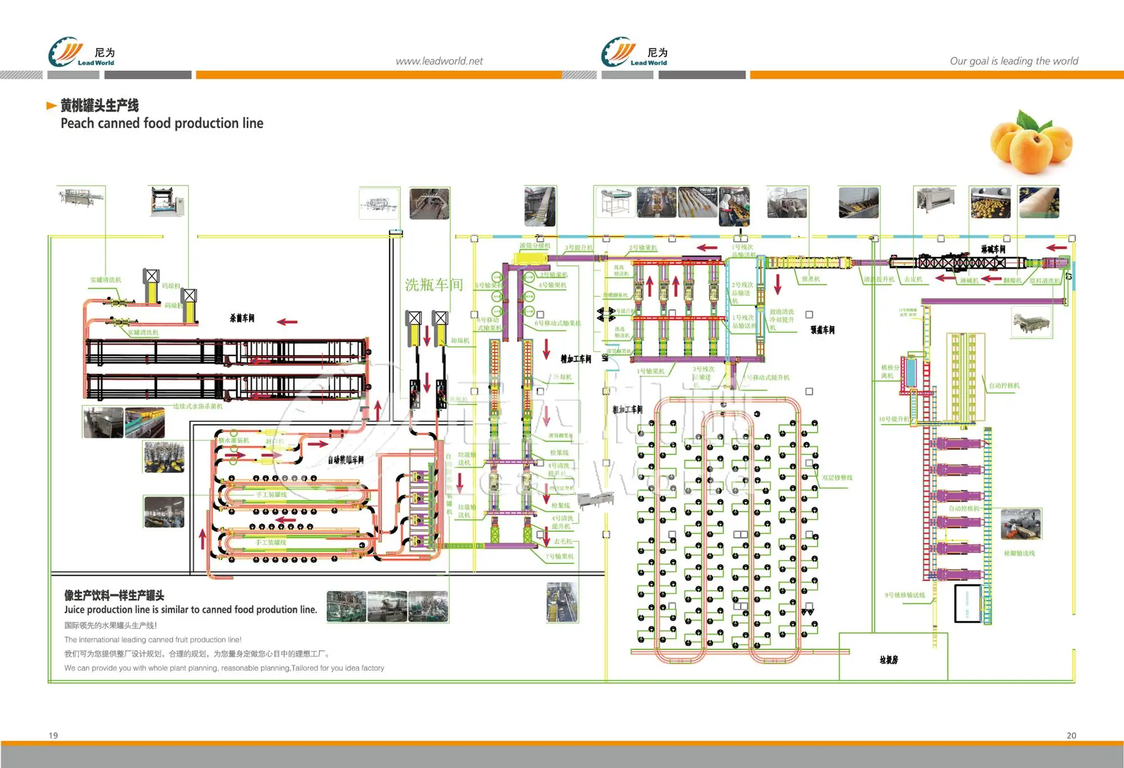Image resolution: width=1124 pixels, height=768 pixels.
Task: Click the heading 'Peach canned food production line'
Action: click(162, 123)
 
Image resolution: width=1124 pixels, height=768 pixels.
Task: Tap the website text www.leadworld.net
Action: click(439, 61)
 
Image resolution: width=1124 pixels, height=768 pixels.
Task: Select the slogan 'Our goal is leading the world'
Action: click(1014, 61)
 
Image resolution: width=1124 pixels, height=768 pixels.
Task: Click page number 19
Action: click(53, 735)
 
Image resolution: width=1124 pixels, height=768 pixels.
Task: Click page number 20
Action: click(1071, 735)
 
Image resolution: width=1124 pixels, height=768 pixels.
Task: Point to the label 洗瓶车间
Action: click(434, 285)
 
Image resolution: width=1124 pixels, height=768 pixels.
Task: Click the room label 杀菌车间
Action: click(242, 318)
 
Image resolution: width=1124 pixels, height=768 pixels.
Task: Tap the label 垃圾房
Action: click(889, 660)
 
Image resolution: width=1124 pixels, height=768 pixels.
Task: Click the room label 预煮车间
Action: click(822, 330)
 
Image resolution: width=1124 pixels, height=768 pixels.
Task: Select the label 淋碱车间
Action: click(993, 249)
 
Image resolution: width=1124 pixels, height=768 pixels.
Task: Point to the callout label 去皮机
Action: click(913, 279)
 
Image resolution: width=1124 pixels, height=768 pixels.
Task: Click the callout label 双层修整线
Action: click(837, 478)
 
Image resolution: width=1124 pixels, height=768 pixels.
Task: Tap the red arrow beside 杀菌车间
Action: click(287, 322)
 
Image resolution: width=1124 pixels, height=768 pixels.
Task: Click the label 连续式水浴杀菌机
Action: click(198, 406)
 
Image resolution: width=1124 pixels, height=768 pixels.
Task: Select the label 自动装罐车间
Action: click(346, 460)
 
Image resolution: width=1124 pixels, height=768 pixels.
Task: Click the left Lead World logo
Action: click(82, 52)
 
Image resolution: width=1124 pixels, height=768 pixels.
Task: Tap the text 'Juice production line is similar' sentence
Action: click(191, 609)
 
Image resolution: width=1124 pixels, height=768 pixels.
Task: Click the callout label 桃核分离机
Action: click(890, 371)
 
